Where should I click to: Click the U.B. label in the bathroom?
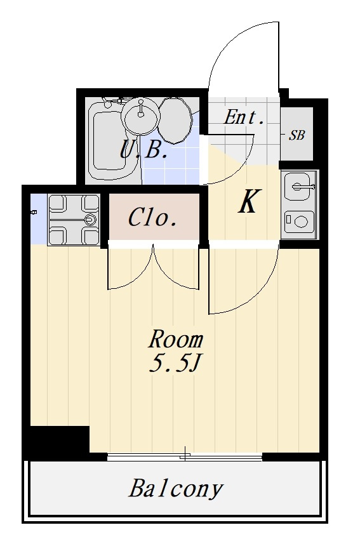[x=143, y=149]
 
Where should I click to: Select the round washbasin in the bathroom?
[x=141, y=116]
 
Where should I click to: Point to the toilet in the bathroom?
[x=175, y=120]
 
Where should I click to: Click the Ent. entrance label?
[x=244, y=117]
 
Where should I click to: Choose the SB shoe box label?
[x=297, y=135]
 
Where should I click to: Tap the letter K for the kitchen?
[x=249, y=201]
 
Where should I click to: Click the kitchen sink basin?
[x=300, y=186]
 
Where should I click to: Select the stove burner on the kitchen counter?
[x=299, y=222]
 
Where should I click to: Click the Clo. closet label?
[x=152, y=218]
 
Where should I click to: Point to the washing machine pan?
[x=74, y=220]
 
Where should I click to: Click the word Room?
[x=175, y=340]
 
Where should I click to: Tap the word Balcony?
[x=176, y=489]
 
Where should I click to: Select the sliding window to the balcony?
[x=185, y=457]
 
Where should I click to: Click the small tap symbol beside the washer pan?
[x=34, y=212]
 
